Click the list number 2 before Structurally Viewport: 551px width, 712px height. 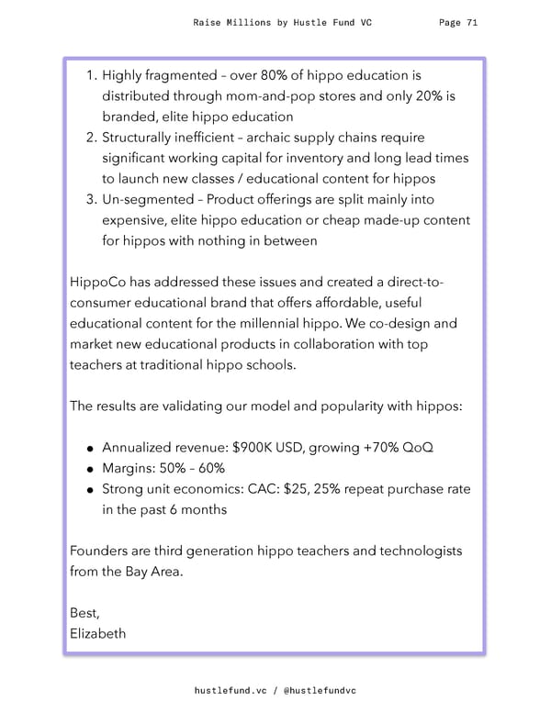[91, 139]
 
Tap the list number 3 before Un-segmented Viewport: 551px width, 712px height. [91, 200]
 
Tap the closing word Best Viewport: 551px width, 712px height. [85, 614]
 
